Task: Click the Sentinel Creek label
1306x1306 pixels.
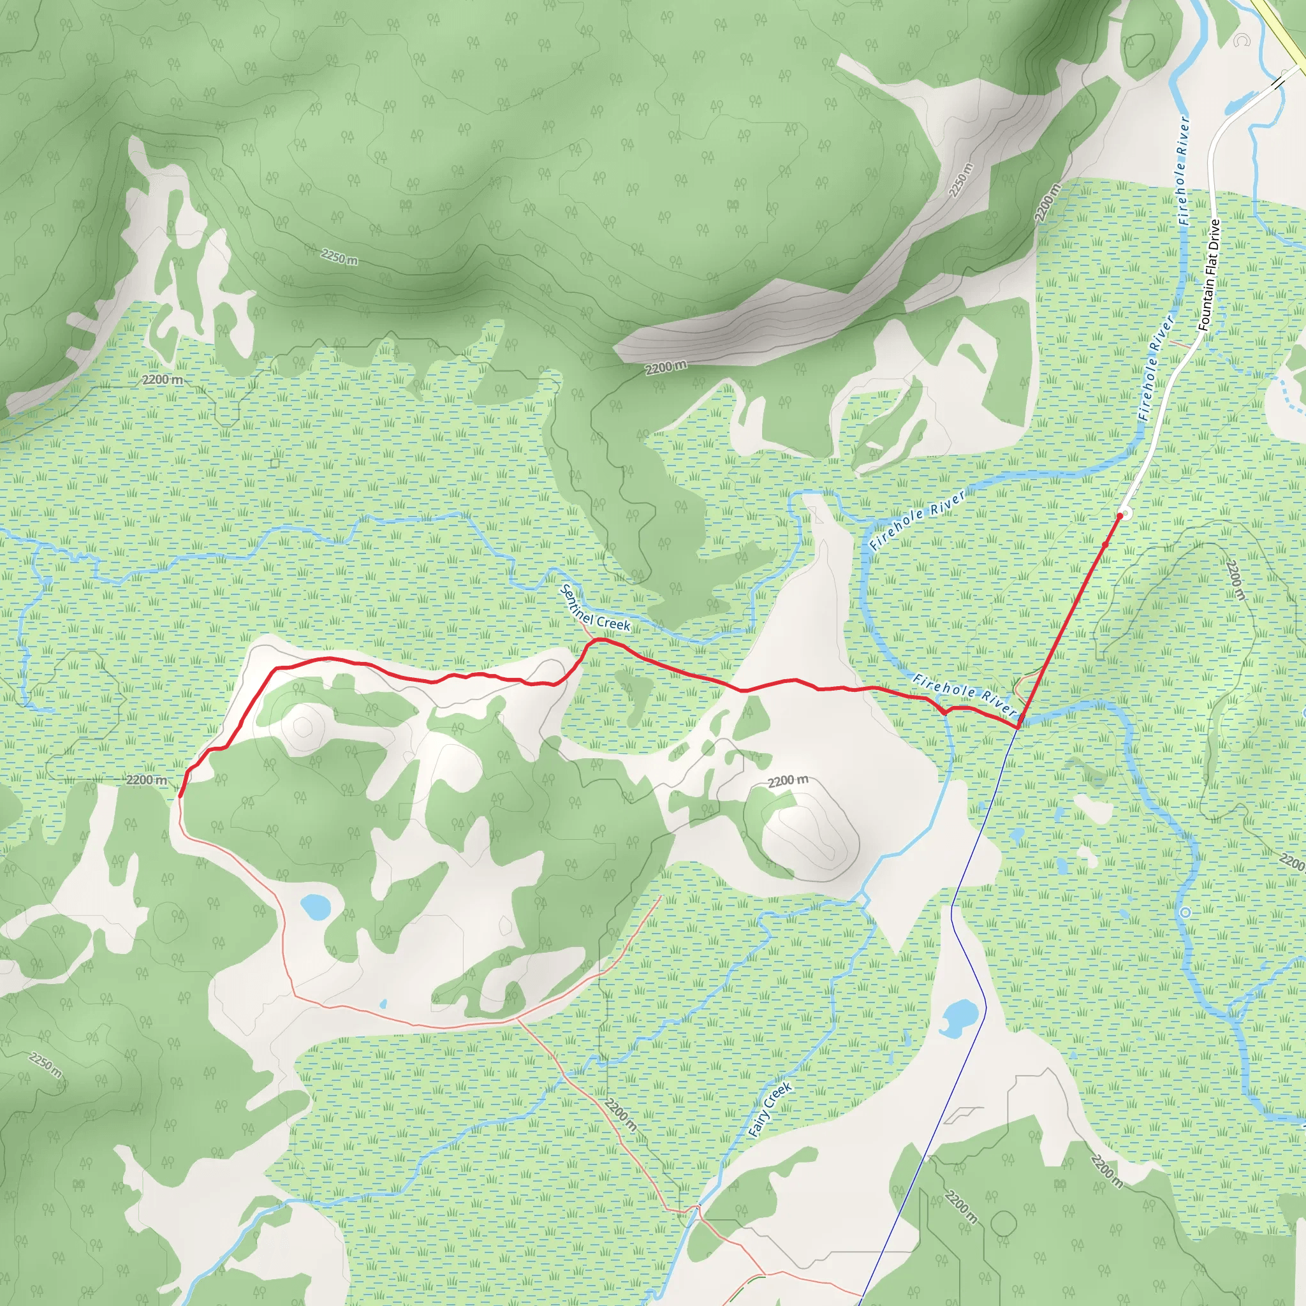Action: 596,608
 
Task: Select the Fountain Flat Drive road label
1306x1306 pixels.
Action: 1210,275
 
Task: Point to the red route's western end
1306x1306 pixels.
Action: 180,796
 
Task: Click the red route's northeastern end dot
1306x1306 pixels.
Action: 1120,516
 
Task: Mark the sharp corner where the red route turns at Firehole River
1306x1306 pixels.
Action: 1018,727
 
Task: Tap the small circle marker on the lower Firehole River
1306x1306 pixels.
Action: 1185,912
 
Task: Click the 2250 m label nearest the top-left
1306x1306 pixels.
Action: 339,257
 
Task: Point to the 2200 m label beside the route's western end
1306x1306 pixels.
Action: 146,779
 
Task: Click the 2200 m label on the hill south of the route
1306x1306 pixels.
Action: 788,781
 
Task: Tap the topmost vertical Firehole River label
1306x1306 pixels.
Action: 1182,170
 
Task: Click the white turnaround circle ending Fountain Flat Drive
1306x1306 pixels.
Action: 1125,511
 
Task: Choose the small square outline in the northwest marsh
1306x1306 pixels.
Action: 274,463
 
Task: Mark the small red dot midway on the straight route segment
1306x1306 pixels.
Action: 1105,544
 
